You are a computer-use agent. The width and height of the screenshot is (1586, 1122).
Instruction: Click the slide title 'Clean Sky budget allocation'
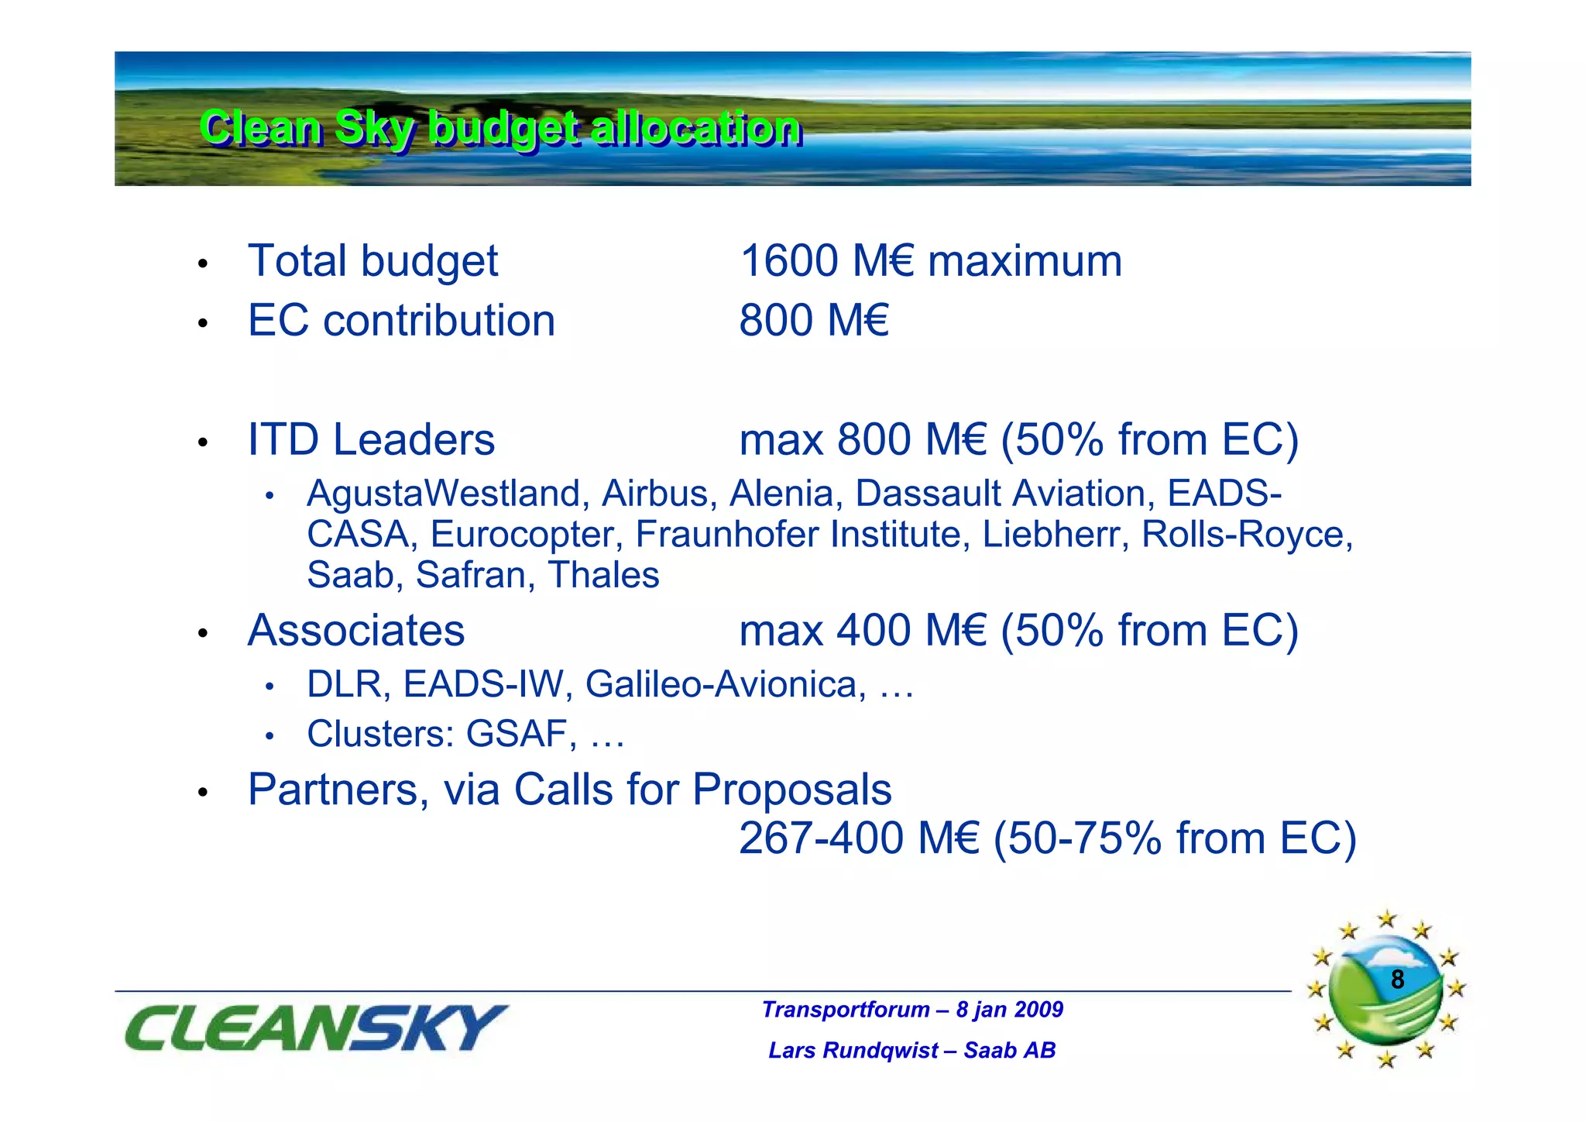click(500, 128)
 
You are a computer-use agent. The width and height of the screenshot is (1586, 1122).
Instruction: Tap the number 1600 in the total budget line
click(789, 261)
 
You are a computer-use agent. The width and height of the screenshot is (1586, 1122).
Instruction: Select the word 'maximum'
click(1025, 261)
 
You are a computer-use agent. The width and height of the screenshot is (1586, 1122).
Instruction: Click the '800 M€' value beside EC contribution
click(814, 321)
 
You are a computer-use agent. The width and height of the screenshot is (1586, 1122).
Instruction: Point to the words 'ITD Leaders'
click(371, 440)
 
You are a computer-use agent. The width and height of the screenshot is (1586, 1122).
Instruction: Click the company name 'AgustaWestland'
click(444, 494)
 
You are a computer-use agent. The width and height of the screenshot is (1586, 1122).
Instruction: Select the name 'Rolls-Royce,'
click(1247, 535)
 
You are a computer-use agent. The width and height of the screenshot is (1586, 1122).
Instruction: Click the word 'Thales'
click(603, 575)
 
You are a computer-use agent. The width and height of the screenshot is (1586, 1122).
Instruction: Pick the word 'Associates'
click(356, 631)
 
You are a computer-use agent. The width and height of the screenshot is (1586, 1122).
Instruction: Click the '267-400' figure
click(821, 838)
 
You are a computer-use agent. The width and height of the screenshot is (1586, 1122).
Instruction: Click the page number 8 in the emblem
click(1397, 979)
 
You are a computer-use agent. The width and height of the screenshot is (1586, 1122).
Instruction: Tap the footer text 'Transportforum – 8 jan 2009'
click(912, 1010)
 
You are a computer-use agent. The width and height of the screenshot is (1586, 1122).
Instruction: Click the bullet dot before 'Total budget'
click(203, 263)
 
